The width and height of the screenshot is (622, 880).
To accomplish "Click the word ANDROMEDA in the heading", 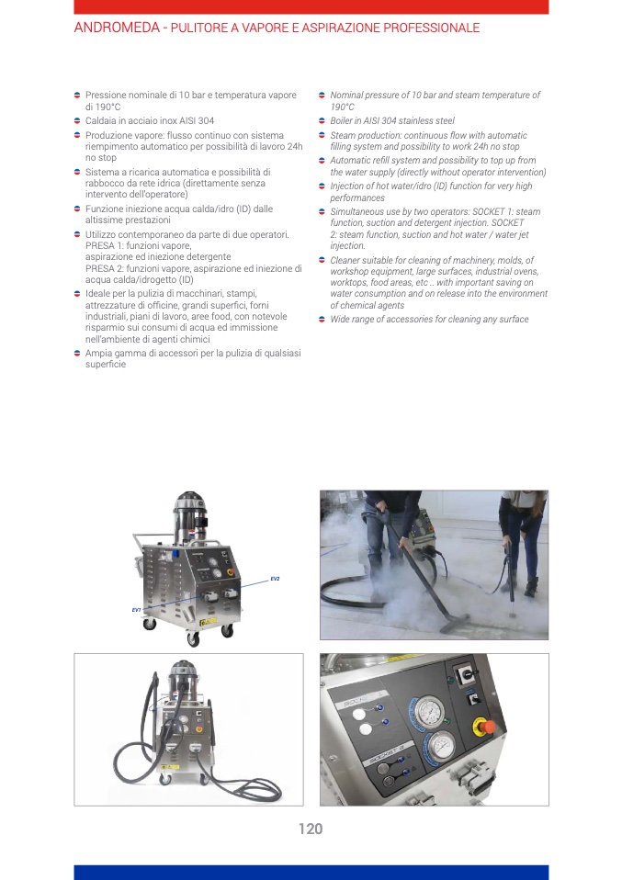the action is (x=117, y=28).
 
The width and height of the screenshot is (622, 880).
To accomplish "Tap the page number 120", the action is (x=311, y=829).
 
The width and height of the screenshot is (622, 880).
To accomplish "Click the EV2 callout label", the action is (x=275, y=579).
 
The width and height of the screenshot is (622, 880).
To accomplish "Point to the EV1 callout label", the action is (x=136, y=610).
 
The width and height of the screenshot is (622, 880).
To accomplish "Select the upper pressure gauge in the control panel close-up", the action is (x=427, y=712).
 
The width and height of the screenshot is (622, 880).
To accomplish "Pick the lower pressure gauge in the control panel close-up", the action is (x=440, y=747).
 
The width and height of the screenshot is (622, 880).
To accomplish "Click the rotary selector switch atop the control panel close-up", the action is (x=466, y=677).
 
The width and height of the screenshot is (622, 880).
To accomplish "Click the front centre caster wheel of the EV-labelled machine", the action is (x=194, y=638).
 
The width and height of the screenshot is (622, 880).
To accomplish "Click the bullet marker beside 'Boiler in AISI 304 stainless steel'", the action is (x=322, y=120).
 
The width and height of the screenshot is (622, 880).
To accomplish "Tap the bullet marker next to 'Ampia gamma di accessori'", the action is (x=77, y=353).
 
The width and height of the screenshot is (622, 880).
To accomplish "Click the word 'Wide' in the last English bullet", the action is (x=340, y=319).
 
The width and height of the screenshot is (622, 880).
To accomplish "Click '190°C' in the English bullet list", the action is (x=342, y=107).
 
